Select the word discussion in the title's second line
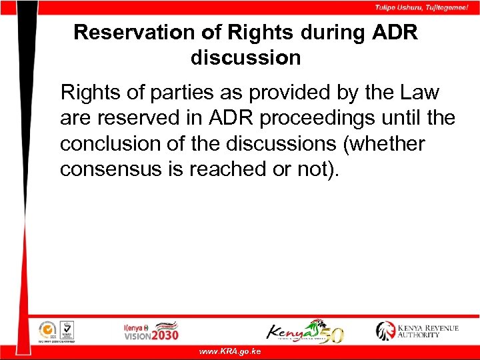coord(246,58)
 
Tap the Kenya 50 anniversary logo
coord(305,330)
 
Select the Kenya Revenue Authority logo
coord(417,330)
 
